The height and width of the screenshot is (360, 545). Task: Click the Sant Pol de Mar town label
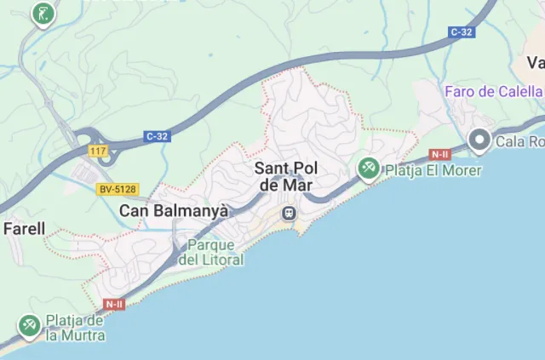[286, 177]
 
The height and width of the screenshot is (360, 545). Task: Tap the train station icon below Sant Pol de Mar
[290, 211]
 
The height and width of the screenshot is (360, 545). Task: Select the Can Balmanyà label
[174, 210]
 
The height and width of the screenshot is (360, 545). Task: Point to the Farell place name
[24, 229]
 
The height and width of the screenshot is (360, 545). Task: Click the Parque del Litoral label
[211, 253]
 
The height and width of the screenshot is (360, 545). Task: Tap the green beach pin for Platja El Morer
[369, 169]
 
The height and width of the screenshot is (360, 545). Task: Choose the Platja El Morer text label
[433, 171]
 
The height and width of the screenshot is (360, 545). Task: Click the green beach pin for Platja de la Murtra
[30, 325]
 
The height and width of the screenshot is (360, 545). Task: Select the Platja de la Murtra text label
[76, 329]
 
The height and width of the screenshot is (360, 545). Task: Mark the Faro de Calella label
[494, 91]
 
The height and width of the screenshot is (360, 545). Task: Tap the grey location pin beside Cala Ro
[480, 140]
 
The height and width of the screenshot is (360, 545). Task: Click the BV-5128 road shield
[117, 189]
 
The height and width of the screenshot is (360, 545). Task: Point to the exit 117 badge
[99, 151]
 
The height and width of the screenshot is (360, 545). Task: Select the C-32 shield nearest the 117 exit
[156, 136]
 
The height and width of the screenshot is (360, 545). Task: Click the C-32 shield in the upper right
[461, 32]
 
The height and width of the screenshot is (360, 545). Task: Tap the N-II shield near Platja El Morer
[439, 155]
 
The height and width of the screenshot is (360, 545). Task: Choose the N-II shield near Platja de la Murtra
[115, 304]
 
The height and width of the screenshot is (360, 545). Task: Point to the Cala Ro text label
[519, 142]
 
